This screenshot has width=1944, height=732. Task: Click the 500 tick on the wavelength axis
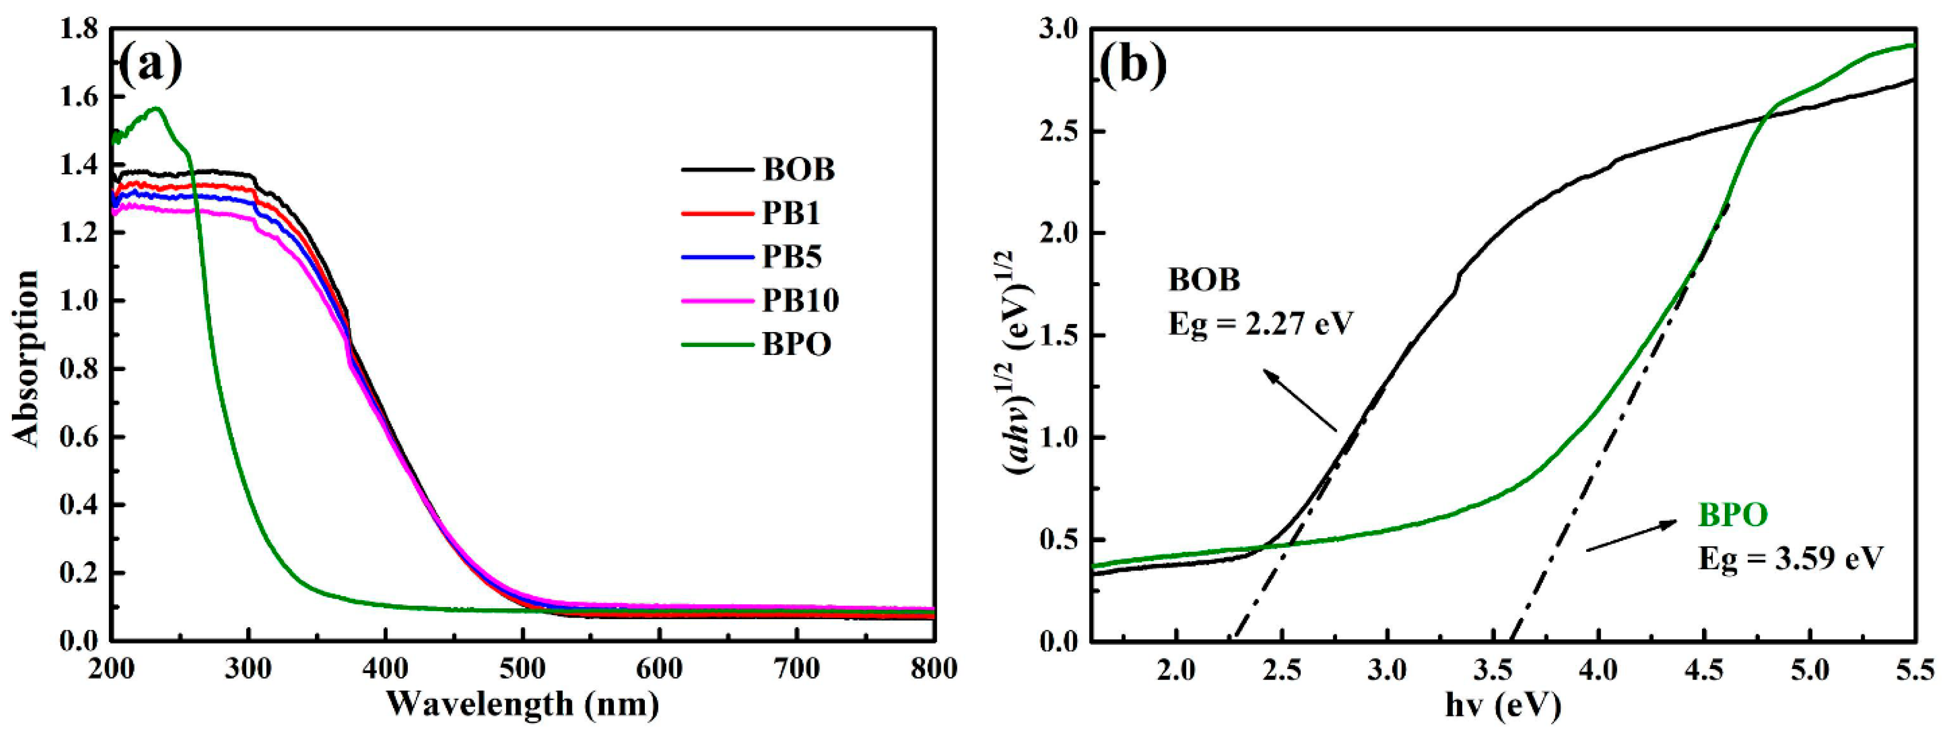point(523,669)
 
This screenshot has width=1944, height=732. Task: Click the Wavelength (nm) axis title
point(523,704)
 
